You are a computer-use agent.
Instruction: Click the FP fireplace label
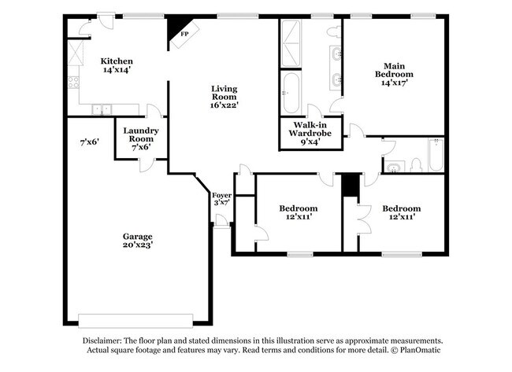point(185,34)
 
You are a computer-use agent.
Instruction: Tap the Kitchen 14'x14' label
point(117,65)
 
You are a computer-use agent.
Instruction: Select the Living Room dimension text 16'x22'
point(224,105)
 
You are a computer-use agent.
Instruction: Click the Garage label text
point(138,237)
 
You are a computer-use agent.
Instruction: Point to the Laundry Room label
point(141,134)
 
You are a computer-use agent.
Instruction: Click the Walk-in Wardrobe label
point(310,129)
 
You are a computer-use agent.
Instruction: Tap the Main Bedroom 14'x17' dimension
point(395,83)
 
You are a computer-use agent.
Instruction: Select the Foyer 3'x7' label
point(221,199)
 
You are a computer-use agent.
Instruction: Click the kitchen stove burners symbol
point(73,82)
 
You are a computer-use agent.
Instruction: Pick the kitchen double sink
point(102,109)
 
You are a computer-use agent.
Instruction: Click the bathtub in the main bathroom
point(290,93)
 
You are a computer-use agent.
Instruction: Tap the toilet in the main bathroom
point(334,32)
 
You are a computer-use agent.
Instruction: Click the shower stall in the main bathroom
point(291,43)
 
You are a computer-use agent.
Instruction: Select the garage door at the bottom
point(135,321)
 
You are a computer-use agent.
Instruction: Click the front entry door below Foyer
point(221,222)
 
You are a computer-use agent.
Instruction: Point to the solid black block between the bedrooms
point(351,185)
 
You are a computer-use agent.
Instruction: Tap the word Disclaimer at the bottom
point(102,341)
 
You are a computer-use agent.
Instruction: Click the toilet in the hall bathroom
point(416,165)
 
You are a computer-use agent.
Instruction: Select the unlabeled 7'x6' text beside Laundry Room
point(90,142)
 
